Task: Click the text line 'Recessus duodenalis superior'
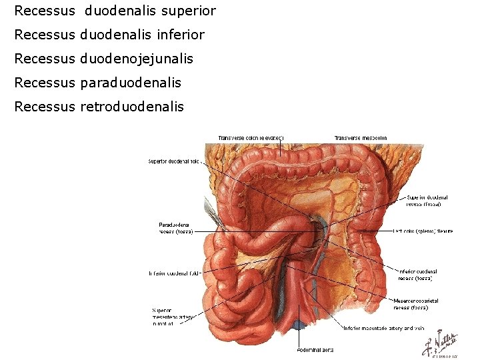pyautogui.click(x=115, y=11)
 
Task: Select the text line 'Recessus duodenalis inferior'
pyautogui.click(x=109, y=35)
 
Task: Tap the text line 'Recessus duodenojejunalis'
pyautogui.click(x=103, y=59)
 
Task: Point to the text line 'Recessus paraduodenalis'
pyautogui.click(x=97, y=83)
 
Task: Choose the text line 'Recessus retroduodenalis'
pyautogui.click(x=99, y=107)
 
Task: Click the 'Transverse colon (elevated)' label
pyautogui.click(x=251, y=138)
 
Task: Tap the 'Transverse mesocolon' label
pyautogui.click(x=361, y=138)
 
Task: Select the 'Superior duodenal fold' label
pyautogui.click(x=173, y=161)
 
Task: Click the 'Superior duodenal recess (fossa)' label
pyautogui.click(x=427, y=201)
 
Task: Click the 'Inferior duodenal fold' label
pyautogui.click(x=175, y=273)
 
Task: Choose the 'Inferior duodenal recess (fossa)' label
pyautogui.click(x=418, y=274)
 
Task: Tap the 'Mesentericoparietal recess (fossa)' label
pyautogui.click(x=416, y=304)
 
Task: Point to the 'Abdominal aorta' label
pyautogui.click(x=315, y=350)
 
